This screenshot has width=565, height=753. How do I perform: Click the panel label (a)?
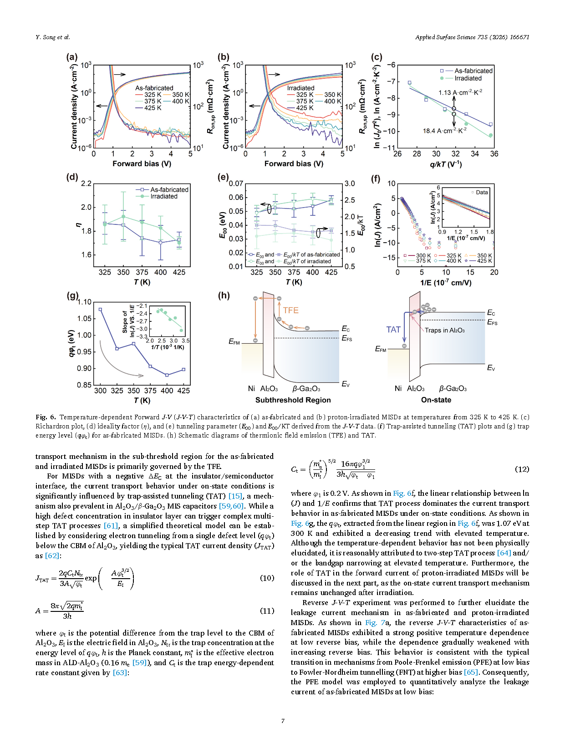[72, 57]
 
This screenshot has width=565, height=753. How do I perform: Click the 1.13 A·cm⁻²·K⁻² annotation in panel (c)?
[460, 92]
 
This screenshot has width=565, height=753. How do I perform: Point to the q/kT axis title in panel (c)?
[446, 164]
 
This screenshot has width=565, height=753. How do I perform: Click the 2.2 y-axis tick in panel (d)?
[86, 183]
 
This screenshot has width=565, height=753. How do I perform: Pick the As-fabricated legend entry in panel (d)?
[169, 189]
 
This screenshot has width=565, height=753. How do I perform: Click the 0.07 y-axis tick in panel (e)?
[236, 183]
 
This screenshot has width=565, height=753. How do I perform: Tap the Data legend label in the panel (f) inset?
[482, 192]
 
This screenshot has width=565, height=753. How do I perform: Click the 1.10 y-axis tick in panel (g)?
[85, 302]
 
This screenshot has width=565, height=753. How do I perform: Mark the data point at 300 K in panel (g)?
[100, 310]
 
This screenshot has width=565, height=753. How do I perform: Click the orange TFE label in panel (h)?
[290, 310]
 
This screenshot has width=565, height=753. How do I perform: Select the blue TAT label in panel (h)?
[393, 330]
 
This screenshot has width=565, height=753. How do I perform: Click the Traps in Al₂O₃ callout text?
[444, 330]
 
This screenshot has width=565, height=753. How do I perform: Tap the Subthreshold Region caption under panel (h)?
[293, 400]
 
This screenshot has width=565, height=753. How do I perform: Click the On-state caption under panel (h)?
[436, 400]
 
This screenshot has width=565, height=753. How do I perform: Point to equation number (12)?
[522, 469]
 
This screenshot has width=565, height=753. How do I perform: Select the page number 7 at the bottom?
[283, 721]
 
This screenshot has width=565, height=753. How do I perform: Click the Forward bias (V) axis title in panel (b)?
[294, 164]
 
